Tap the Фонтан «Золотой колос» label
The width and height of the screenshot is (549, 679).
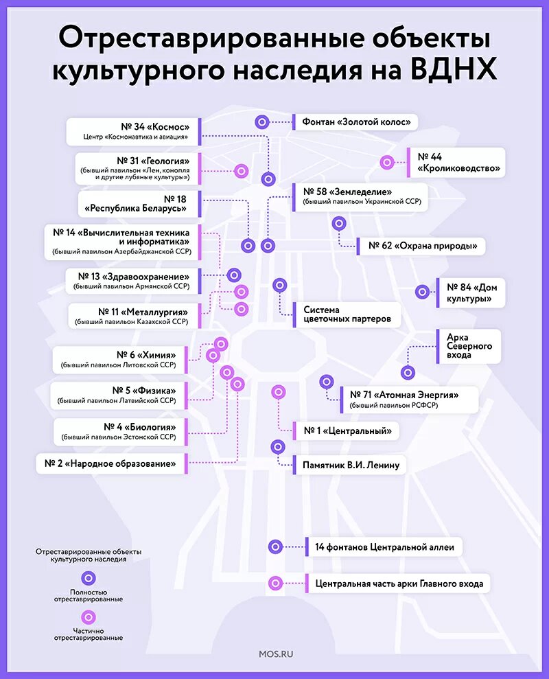tap(356, 122)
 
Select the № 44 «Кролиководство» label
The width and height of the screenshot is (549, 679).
tap(457, 163)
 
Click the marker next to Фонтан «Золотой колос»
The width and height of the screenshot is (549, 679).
tap(261, 122)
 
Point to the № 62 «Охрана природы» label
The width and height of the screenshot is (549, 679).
tap(422, 246)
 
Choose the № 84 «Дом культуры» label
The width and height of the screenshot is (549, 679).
tap(471, 293)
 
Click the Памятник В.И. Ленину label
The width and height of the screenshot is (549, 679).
tap(350, 465)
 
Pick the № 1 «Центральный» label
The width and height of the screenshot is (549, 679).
tap(347, 431)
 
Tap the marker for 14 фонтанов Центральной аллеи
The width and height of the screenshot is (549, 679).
tap(275, 547)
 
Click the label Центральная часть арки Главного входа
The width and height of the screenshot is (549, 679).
tap(399, 584)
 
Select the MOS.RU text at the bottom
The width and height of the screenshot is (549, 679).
tap(277, 654)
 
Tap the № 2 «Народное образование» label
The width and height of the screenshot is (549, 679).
tap(115, 463)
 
